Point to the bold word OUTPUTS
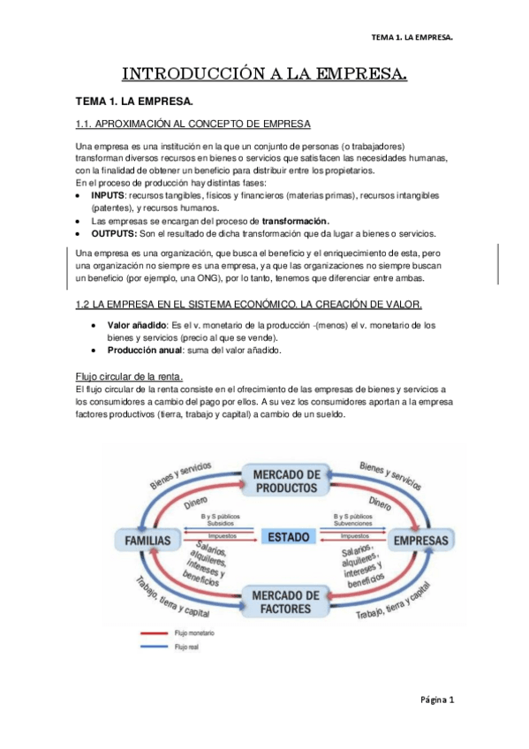click(114, 233)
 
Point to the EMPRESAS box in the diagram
click(420, 539)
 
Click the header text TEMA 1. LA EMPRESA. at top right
click(412, 38)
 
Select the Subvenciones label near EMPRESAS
click(355, 524)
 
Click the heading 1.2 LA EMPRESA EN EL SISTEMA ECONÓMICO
click(238, 305)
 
